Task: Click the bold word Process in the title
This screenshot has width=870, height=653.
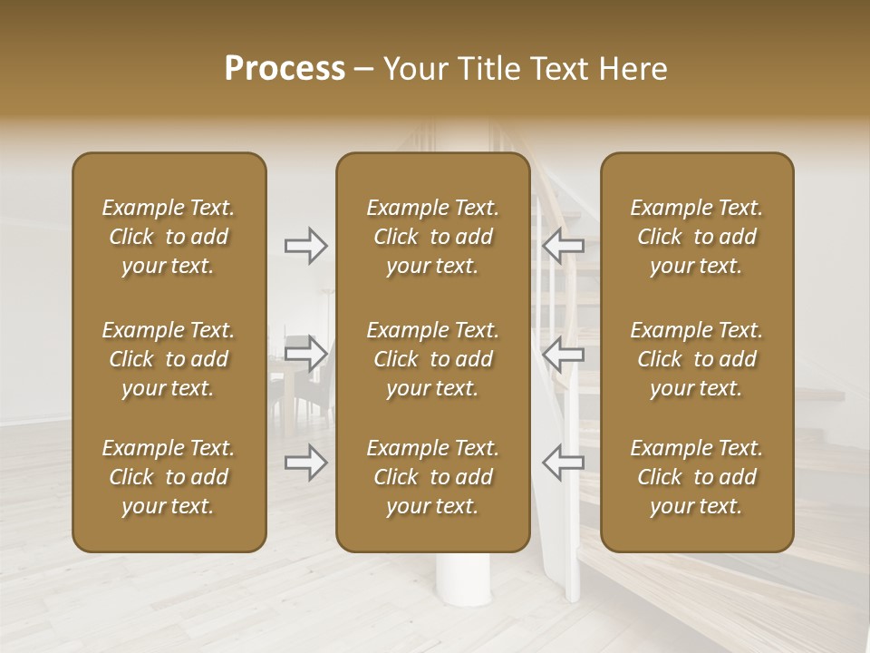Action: pyautogui.click(x=285, y=69)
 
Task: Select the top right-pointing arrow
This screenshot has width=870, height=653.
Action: pyautogui.click(x=305, y=246)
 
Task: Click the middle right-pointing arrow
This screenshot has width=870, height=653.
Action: pyautogui.click(x=305, y=353)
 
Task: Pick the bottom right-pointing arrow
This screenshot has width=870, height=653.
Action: pyautogui.click(x=305, y=463)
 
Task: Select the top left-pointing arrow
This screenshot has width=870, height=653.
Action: pyautogui.click(x=563, y=246)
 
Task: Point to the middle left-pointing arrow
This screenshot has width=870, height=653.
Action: pyautogui.click(x=563, y=353)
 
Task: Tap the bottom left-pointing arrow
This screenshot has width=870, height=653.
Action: pyautogui.click(x=563, y=463)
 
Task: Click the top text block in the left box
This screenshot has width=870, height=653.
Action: pyautogui.click(x=169, y=237)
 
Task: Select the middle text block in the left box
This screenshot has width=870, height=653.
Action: pyautogui.click(x=169, y=359)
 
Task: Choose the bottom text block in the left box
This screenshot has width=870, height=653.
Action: pyautogui.click(x=169, y=477)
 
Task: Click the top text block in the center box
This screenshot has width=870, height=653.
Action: pyautogui.click(x=432, y=237)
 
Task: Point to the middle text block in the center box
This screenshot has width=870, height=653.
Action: pyautogui.click(x=432, y=359)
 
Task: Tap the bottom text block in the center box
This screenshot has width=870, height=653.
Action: pyautogui.click(x=432, y=477)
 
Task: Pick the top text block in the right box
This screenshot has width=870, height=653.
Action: pyautogui.click(x=696, y=237)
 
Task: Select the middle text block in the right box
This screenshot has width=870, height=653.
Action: pyautogui.click(x=696, y=359)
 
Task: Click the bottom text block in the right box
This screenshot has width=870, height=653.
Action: pyautogui.click(x=696, y=477)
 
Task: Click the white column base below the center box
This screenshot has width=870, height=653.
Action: pyautogui.click(x=459, y=599)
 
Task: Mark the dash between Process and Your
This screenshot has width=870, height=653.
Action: pyautogui.click(x=364, y=70)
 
